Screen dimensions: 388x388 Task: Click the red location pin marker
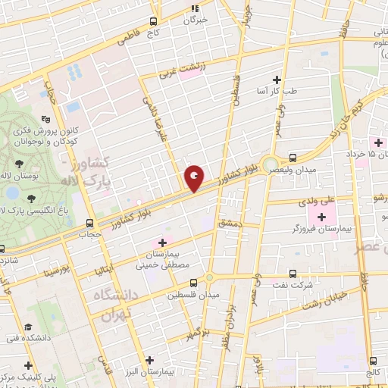[x=194, y=179]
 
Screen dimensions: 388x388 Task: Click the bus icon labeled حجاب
[x=90, y=223]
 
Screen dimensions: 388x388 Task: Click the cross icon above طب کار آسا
[x=277, y=80]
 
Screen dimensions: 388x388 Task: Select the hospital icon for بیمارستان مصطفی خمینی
[x=161, y=242]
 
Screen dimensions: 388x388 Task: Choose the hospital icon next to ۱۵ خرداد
[x=375, y=142]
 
